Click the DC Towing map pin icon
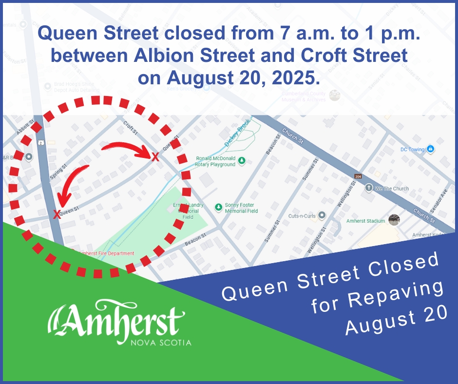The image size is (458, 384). [x=430, y=149]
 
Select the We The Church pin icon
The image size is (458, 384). [x=369, y=188]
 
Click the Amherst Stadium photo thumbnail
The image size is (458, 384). [x=394, y=220]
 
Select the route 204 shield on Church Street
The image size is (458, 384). [x=358, y=176]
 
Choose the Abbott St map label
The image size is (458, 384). [x=24, y=128]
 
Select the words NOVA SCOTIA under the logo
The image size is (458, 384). [x=161, y=343]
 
